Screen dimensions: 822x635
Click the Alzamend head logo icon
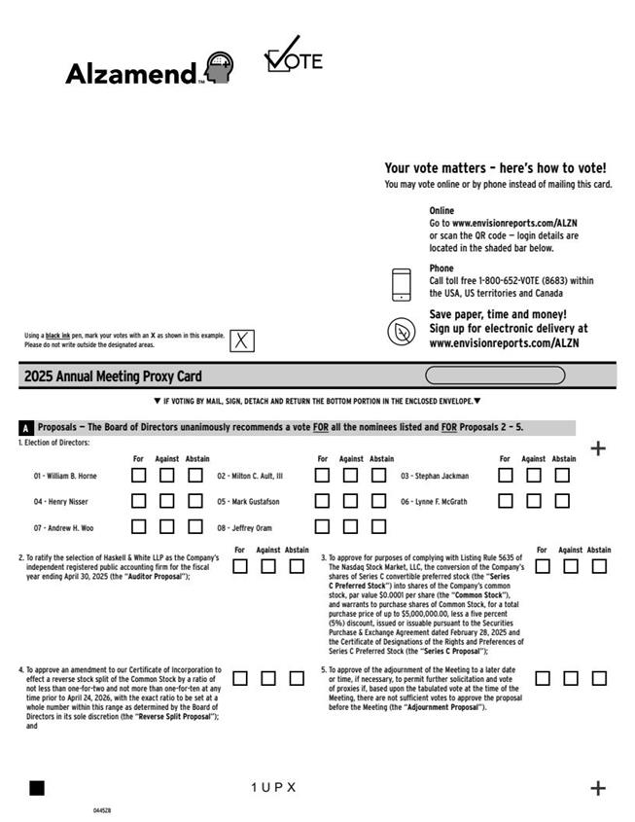pos(220,67)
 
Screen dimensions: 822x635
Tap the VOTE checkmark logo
pos(293,55)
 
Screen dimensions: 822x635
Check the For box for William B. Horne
pos(139,476)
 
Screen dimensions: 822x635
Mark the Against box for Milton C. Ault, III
pos(351,476)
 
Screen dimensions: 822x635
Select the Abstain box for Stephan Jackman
pos(562,476)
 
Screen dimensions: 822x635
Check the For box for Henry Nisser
pos(139,501)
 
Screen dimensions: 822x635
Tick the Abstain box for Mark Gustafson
pos(379,501)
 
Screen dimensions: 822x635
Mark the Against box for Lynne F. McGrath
pos(534,501)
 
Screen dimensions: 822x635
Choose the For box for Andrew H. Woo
pos(139,527)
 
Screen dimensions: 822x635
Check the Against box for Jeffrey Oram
pos(351,527)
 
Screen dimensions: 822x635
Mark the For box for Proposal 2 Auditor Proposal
pos(240,566)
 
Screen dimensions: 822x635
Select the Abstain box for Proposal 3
pos(599,566)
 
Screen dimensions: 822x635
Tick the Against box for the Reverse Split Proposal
pos(268,678)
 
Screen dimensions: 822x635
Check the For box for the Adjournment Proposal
pos(543,678)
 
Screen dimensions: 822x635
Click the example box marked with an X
pos(242,340)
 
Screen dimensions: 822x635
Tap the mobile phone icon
pos(401,284)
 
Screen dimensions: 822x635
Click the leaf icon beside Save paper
pos(401,332)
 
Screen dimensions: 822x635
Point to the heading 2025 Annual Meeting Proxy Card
pos(113,376)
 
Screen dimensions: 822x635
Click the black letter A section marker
pos(26,428)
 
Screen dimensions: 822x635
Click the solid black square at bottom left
pos(37,788)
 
